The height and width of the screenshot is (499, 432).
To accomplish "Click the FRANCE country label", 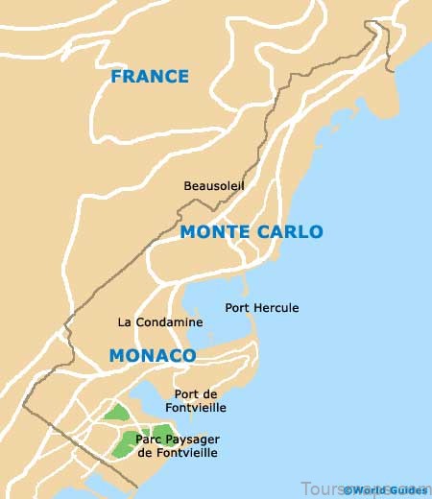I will point(149,77).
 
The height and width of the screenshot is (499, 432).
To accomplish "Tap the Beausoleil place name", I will point(214,185).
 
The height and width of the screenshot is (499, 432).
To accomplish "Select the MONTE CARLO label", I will point(252,232).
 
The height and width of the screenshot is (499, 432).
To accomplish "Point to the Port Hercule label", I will point(262,308).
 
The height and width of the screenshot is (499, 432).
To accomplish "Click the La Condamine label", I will point(160,322).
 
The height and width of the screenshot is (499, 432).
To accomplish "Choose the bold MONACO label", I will point(153,356).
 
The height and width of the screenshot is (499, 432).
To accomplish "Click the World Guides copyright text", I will point(386,490).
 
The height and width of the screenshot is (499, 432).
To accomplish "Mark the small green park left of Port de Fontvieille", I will point(117,413).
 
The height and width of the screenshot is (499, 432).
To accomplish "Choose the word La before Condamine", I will point(124,322).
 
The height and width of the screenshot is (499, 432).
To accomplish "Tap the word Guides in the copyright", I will point(409,490).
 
